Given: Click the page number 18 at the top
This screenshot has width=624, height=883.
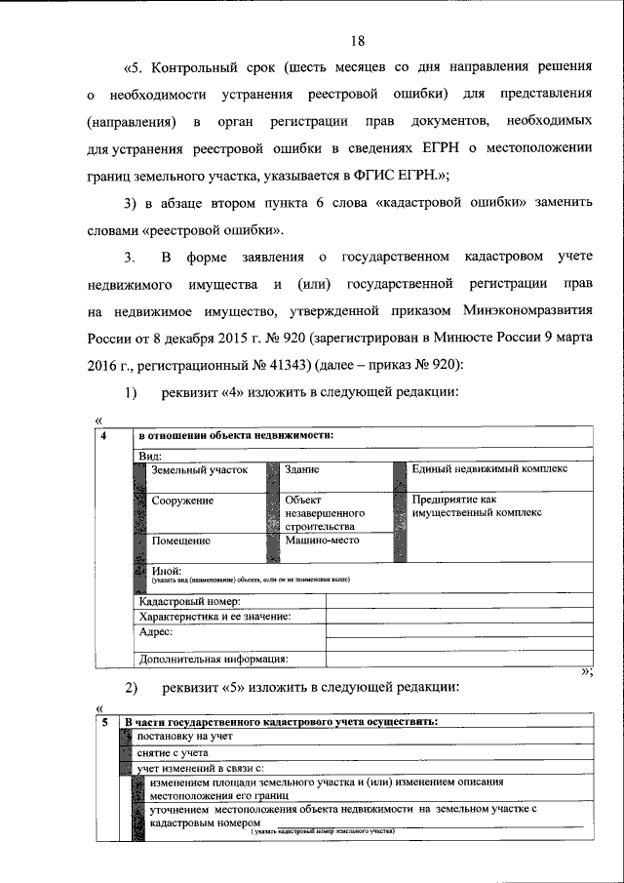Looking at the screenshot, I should tap(357, 40).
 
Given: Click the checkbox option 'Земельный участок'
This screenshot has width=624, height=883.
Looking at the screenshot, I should tap(199, 470).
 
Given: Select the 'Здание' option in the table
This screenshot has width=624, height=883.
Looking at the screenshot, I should tap(302, 470).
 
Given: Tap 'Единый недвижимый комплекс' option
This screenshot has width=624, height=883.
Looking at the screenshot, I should tap(488, 469).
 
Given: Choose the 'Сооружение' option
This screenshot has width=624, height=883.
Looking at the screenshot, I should tap(182, 501).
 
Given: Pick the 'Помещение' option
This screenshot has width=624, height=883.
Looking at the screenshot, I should tap(181, 541).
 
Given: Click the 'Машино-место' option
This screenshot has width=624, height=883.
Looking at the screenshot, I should tap(323, 540).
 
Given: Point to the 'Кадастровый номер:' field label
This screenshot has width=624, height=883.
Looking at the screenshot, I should tap(189, 602).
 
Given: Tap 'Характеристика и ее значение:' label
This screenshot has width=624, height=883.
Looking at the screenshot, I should tap(214, 617).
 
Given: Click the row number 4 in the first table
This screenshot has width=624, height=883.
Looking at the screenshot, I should tap(103, 435).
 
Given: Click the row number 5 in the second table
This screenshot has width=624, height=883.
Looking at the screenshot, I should tap(104, 722).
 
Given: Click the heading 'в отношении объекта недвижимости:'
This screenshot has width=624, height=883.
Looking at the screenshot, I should tap(236, 435).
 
